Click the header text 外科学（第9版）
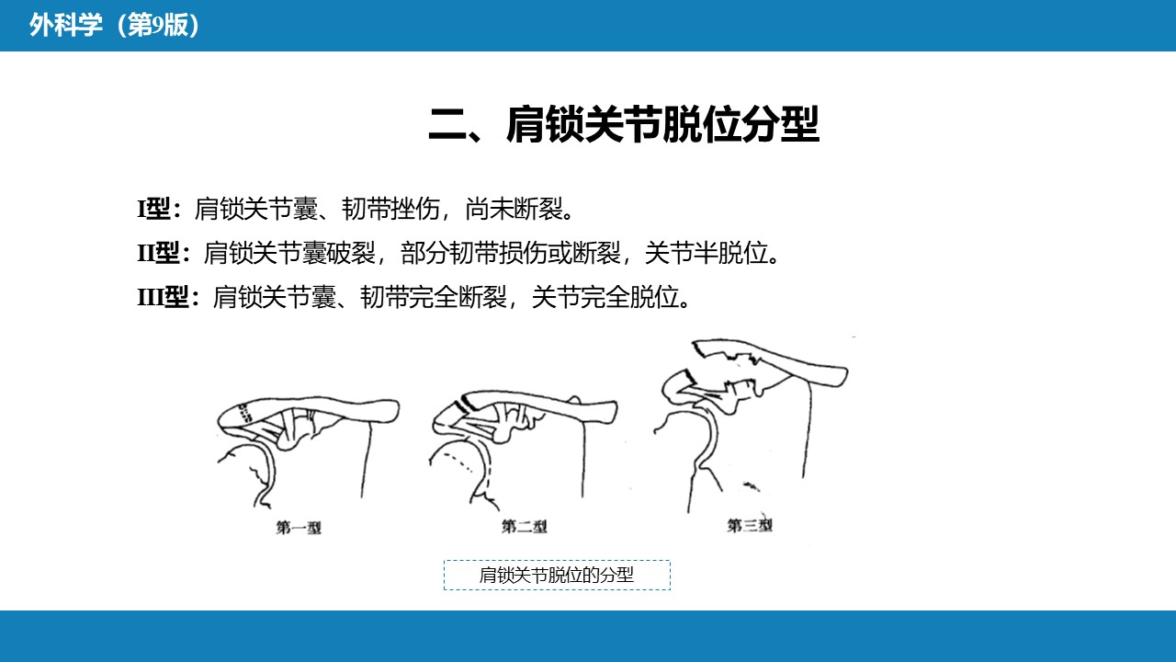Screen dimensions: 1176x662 (115, 25)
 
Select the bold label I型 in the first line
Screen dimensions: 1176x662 (153, 209)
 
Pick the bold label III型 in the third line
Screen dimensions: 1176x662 (164, 297)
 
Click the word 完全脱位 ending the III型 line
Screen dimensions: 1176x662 (630, 297)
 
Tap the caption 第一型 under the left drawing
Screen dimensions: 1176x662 (299, 527)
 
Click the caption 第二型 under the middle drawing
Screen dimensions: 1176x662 (524, 526)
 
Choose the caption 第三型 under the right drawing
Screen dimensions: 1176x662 (749, 525)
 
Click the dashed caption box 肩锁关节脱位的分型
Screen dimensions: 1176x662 (557, 576)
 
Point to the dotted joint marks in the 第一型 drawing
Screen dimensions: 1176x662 (244, 413)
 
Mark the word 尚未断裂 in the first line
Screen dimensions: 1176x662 (514, 209)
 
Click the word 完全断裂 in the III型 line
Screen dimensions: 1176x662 (458, 297)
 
